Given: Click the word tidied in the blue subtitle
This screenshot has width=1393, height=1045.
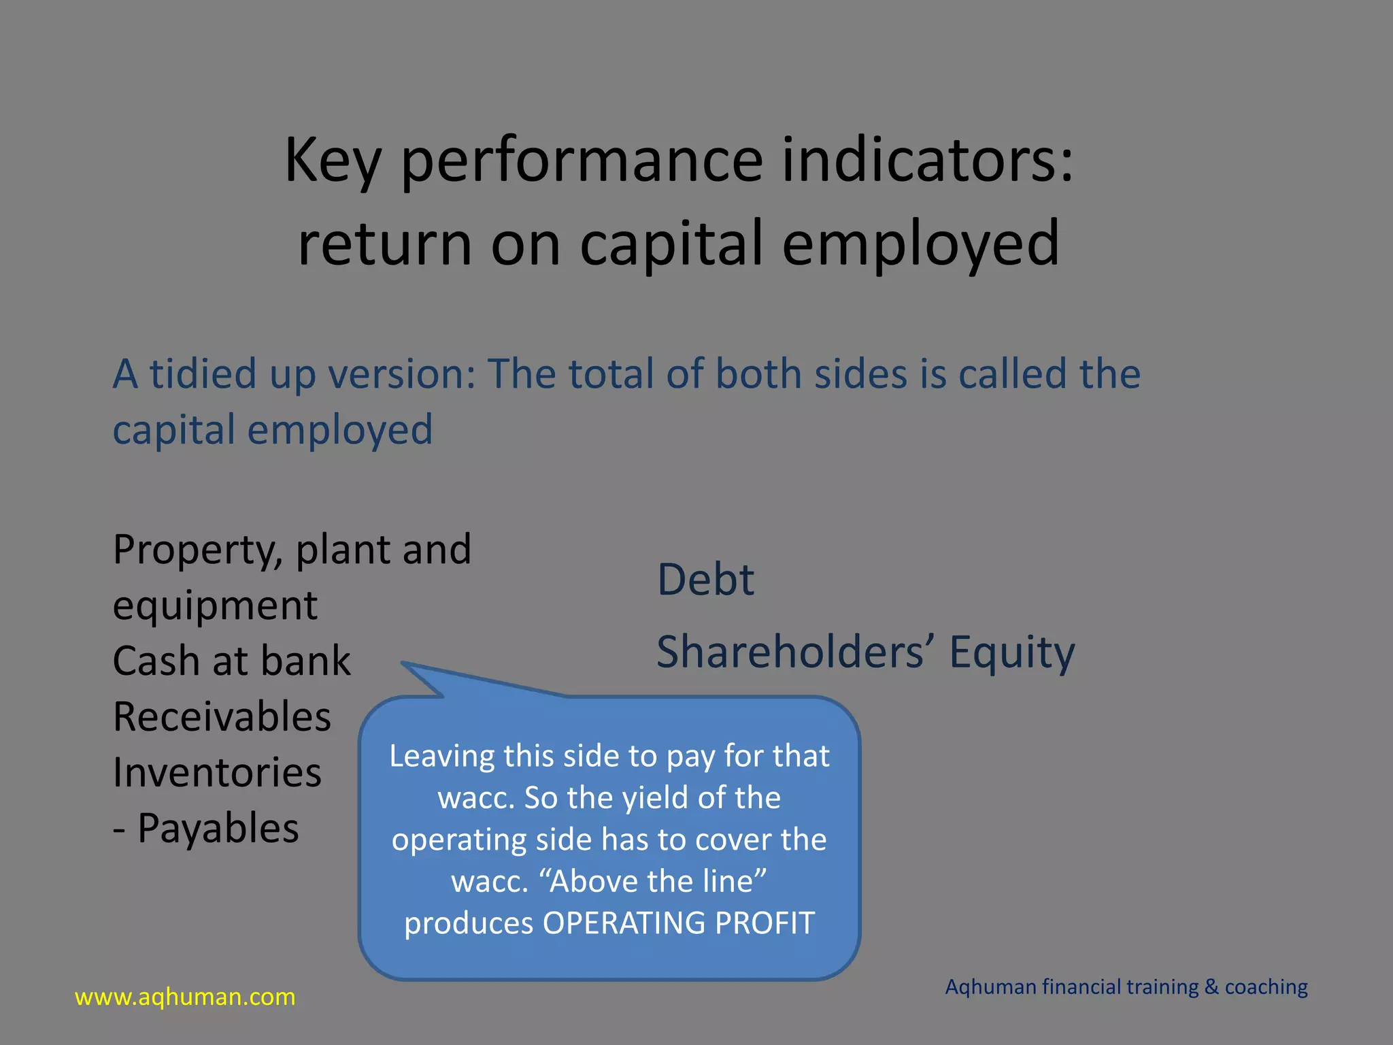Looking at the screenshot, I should click(203, 374).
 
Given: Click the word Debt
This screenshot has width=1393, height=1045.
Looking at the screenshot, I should click(705, 580).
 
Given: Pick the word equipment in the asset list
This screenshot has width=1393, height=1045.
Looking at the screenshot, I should click(215, 606).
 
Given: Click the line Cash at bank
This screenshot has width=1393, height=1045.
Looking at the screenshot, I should click(231, 661).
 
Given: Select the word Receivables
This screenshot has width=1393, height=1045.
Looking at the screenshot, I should click(222, 717).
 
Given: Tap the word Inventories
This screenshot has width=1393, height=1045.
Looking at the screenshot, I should click(217, 773).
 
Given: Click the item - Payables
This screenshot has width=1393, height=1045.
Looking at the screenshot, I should click(206, 829).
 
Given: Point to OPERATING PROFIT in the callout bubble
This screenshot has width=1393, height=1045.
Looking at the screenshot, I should click(678, 923).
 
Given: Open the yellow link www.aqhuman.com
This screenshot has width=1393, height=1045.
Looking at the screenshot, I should click(185, 997).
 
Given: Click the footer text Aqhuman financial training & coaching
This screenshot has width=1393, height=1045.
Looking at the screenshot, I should click(1126, 987).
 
